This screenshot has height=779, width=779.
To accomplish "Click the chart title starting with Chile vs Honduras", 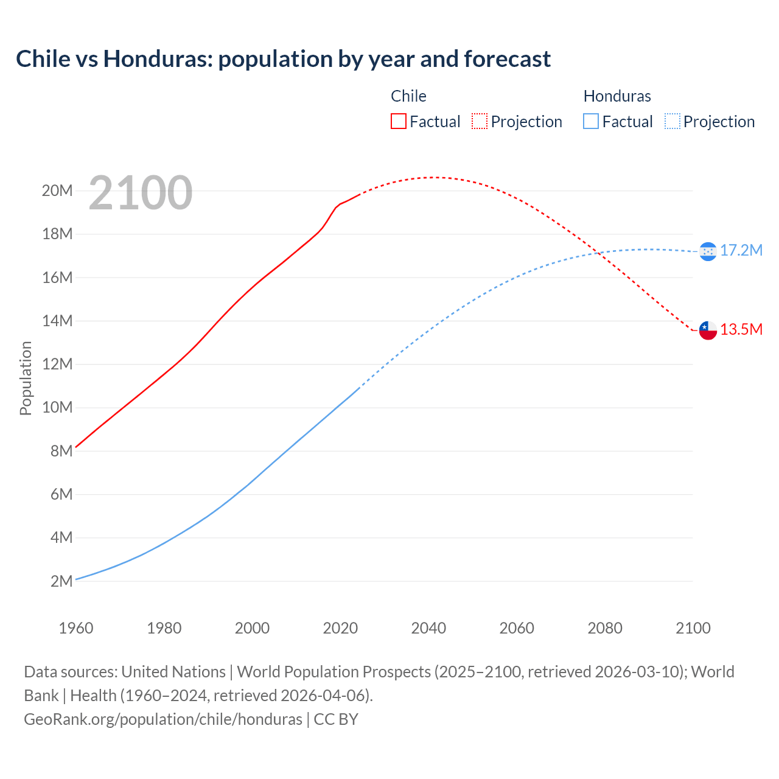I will pyautogui.click(x=283, y=59).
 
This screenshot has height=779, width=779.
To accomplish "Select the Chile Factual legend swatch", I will pyautogui.click(x=398, y=121).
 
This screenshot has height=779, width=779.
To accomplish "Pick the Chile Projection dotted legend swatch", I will pyautogui.click(x=480, y=121).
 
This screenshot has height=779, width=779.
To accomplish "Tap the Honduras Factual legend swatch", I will pyautogui.click(x=591, y=121).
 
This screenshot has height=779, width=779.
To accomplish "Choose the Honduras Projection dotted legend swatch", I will pyautogui.click(x=672, y=121).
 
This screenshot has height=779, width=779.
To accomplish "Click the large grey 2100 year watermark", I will pyautogui.click(x=141, y=193).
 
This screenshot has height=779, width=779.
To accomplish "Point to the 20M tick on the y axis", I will pyautogui.click(x=57, y=190).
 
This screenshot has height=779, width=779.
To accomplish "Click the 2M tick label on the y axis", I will pyautogui.click(x=61, y=581).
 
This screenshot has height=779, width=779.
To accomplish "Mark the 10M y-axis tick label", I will pyautogui.click(x=57, y=407).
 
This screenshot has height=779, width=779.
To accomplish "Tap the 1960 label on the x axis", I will pyautogui.click(x=76, y=628).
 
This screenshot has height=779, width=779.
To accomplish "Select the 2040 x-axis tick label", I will pyautogui.click(x=428, y=628).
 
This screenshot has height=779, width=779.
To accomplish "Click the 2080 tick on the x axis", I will pyautogui.click(x=605, y=628).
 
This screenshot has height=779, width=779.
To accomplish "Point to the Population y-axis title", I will pyautogui.click(x=26, y=378).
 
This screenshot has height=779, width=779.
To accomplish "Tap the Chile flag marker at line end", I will pyautogui.click(x=708, y=330).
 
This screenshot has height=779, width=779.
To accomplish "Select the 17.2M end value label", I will pyautogui.click(x=741, y=250).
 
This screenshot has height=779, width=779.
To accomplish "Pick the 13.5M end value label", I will pyautogui.click(x=741, y=329).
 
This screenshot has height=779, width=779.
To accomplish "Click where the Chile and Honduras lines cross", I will pyautogui.click(x=598, y=253).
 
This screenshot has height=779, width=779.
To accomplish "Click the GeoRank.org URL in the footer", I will pyautogui.click(x=163, y=719).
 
